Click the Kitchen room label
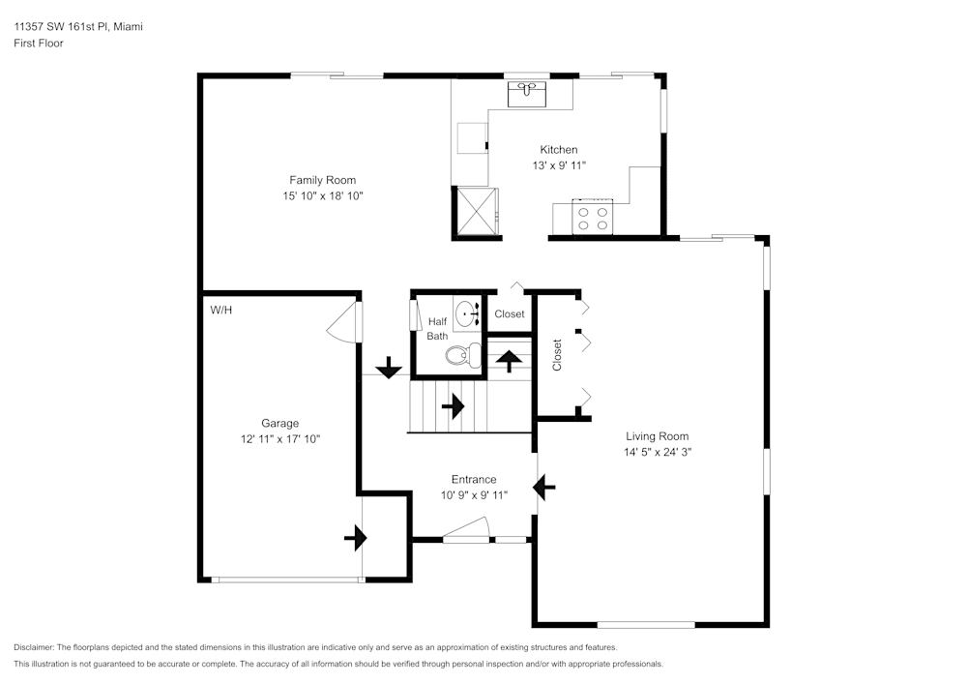(x=559, y=150)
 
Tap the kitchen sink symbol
(x=527, y=93)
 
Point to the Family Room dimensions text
(x=322, y=195)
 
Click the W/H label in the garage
(x=221, y=311)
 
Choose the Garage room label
(x=279, y=423)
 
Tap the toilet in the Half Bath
(x=462, y=356)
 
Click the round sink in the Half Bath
(x=469, y=313)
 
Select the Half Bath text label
(x=438, y=329)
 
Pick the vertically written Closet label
(x=557, y=354)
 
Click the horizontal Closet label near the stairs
(x=510, y=314)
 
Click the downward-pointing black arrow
(x=389, y=367)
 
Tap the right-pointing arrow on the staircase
(x=452, y=406)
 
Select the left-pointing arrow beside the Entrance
(x=545, y=487)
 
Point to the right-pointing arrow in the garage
(x=355, y=537)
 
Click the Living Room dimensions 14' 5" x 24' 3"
(x=658, y=452)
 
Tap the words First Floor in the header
(x=39, y=44)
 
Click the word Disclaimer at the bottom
(x=34, y=647)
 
